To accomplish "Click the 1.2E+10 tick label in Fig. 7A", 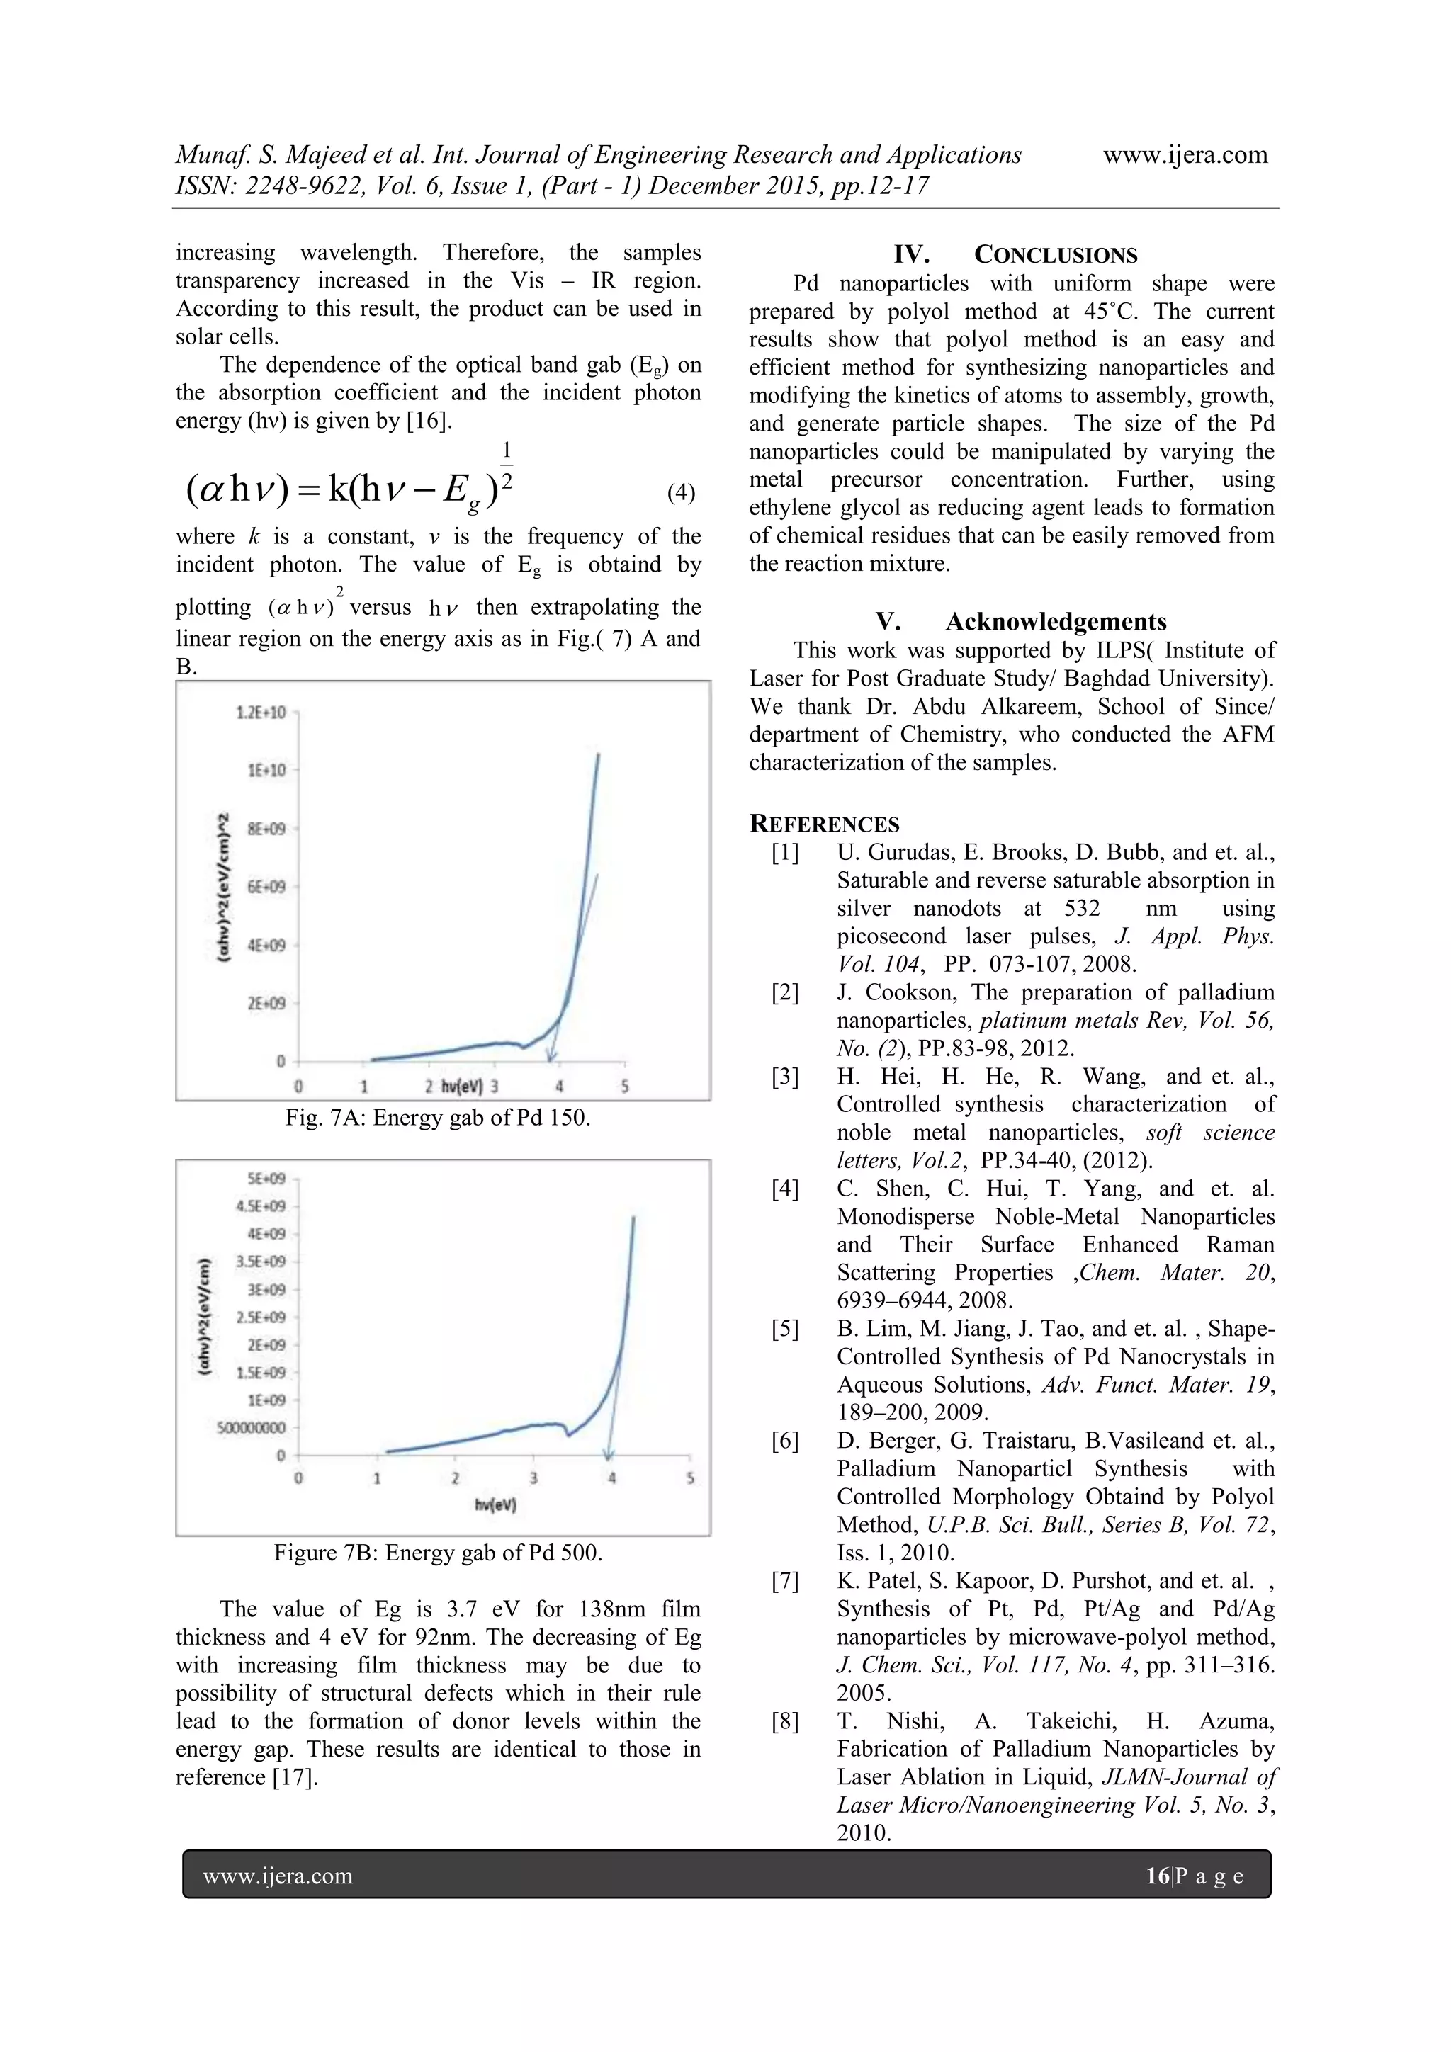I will [260, 713].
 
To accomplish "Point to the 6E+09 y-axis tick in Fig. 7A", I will [266, 887].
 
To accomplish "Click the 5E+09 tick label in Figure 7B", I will [267, 1179].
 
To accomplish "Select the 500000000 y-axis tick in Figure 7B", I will [252, 1427].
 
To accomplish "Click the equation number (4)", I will [680, 492].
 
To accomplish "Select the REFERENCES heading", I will [823, 824].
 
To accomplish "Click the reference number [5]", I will [785, 1329].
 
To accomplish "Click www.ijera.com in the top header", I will [1185, 154].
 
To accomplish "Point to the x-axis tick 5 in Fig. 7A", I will [624, 1087].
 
